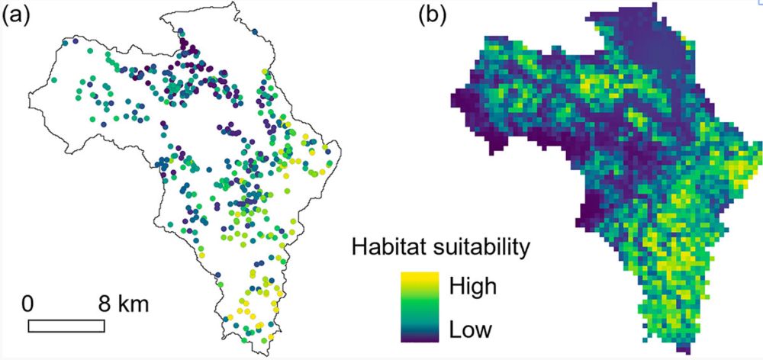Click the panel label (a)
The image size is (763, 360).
[16, 16]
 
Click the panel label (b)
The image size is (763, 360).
[433, 16]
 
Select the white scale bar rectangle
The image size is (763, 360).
[66, 326]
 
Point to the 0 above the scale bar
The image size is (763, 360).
[28, 304]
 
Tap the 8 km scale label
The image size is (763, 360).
[123, 304]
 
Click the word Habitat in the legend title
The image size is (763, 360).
[389, 247]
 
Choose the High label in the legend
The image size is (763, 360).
[472, 287]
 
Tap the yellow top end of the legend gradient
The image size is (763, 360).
[419, 276]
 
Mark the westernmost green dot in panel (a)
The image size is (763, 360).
[54, 79]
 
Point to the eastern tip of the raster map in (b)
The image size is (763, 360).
[758, 145]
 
